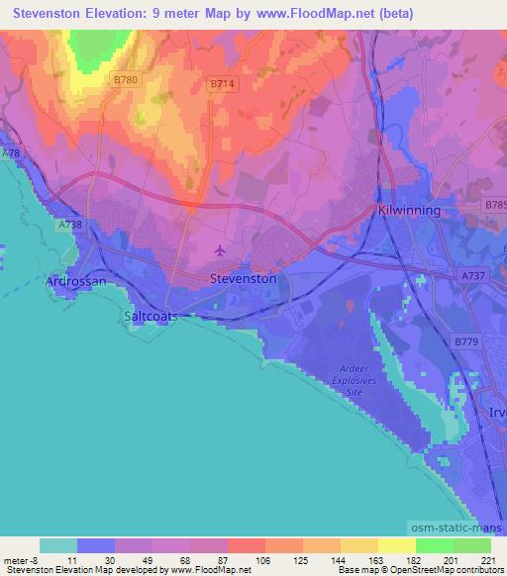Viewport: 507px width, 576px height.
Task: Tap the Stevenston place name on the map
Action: pos(243,280)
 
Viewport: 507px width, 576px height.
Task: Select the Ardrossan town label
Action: pos(76,282)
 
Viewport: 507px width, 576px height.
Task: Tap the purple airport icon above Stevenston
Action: pos(220,250)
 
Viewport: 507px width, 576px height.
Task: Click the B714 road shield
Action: pos(222,85)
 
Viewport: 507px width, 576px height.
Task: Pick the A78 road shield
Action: pos(11,154)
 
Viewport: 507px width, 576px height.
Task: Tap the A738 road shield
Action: pos(69,226)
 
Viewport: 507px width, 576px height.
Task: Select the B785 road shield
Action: pos(496,205)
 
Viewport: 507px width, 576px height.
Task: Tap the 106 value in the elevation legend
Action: pos(265,560)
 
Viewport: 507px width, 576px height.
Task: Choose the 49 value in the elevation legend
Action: pos(152,560)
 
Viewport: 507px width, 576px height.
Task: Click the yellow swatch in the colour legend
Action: pos(397,545)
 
